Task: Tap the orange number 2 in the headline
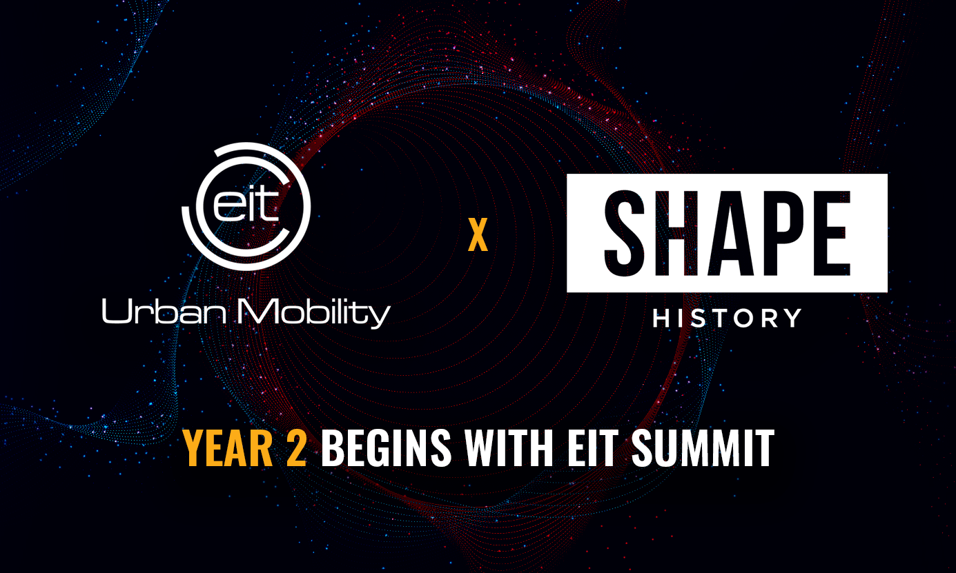click(295, 449)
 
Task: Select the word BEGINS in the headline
click(387, 449)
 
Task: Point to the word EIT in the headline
click(594, 449)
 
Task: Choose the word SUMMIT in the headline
click(703, 449)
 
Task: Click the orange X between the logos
click(478, 237)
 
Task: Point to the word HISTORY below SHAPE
click(727, 318)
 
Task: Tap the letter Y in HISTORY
click(792, 318)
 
